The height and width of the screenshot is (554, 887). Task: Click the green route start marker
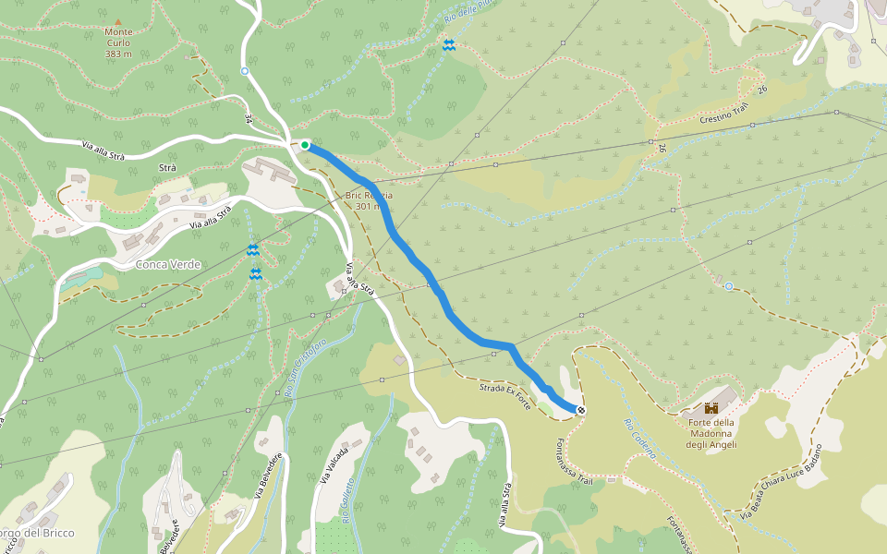(x=305, y=144)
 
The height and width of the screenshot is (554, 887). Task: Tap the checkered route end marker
(x=581, y=410)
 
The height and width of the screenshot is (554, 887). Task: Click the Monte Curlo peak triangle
(x=117, y=21)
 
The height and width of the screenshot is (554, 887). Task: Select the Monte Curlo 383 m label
(x=118, y=42)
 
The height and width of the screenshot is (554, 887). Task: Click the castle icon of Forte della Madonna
(x=711, y=407)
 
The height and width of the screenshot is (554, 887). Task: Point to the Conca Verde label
(x=167, y=264)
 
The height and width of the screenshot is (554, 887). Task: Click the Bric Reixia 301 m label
(x=369, y=200)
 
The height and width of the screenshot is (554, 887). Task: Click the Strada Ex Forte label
(x=504, y=391)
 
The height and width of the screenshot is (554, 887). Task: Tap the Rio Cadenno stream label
(x=639, y=440)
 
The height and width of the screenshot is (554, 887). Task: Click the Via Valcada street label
(x=329, y=467)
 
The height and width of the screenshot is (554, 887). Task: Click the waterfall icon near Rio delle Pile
(x=448, y=45)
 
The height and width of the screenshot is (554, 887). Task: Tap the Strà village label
(x=167, y=168)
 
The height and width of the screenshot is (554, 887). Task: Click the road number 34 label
(x=249, y=119)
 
